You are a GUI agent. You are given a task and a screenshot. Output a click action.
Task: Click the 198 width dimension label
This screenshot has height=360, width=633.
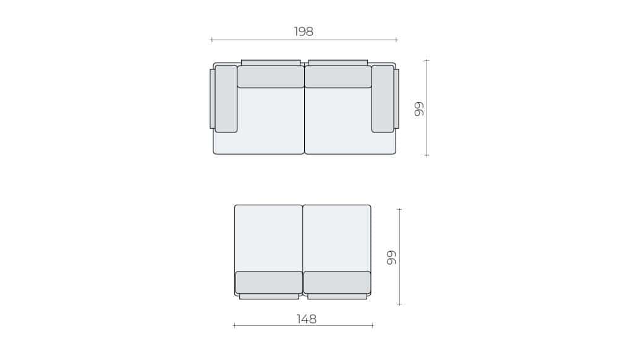point(303,32)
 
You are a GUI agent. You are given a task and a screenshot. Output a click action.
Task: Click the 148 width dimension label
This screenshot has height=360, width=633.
point(307,319)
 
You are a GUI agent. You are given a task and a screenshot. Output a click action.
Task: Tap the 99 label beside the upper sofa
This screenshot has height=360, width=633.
point(420,109)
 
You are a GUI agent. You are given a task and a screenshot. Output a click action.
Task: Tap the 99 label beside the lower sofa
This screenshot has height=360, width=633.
point(391,257)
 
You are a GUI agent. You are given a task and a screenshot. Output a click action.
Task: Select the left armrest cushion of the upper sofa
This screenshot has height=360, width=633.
point(226,99)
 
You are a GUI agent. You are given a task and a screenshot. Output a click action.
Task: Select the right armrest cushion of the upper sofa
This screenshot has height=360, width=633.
point(383,99)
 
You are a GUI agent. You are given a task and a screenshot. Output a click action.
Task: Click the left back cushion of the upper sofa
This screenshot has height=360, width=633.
point(271,77)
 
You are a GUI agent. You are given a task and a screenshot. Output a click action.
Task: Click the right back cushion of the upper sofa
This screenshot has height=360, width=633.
point(338,77)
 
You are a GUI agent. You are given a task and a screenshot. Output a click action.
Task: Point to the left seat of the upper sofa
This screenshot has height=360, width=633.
point(271,121)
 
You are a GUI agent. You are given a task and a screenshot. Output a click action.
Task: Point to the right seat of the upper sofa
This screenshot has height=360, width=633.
point(338,121)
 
